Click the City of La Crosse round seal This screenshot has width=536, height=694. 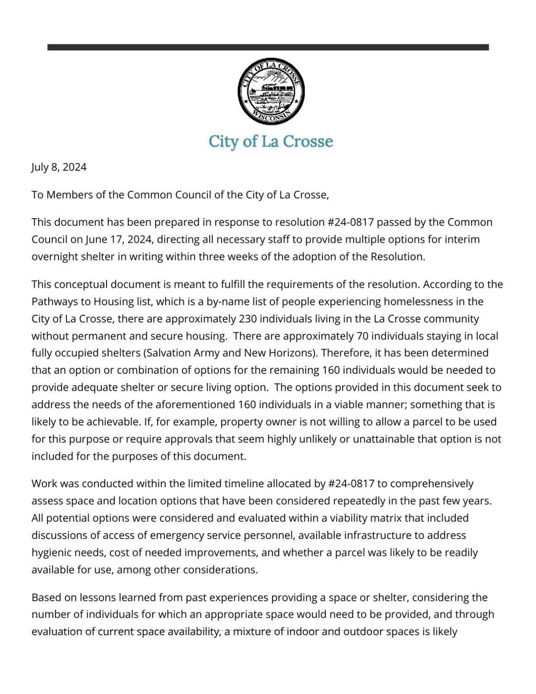[x=271, y=91]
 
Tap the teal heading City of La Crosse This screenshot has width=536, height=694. [x=271, y=142]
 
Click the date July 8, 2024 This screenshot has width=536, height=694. [x=59, y=167]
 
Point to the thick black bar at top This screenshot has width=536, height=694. [x=268, y=47]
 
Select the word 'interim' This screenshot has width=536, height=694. [x=462, y=240]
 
